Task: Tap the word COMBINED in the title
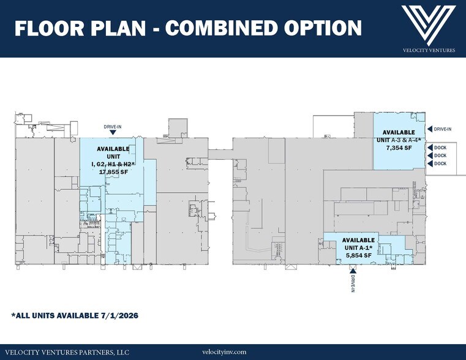[222, 28]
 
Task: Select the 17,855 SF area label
[113, 171]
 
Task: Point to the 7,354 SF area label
[399, 148]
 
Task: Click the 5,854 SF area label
[359, 255]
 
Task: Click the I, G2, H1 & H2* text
[113, 164]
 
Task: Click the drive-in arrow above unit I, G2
[113, 132]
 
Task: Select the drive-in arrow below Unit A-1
[353, 270]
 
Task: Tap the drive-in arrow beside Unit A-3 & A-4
[429, 129]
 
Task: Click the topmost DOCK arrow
[429, 148]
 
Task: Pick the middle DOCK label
[440, 156]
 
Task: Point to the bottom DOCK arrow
[429, 163]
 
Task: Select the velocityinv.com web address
[224, 352]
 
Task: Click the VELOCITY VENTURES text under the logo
[429, 50]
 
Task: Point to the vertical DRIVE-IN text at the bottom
[353, 283]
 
